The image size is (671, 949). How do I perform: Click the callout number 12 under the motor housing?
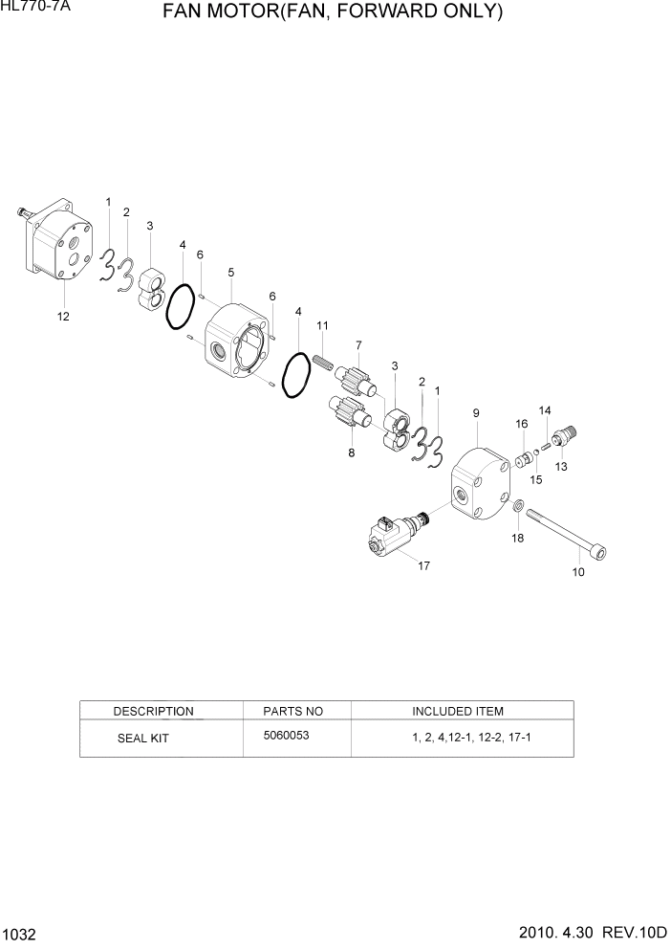click(x=63, y=316)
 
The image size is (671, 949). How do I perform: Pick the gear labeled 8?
click(x=348, y=417)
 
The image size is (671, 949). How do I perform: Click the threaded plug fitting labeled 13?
click(x=559, y=438)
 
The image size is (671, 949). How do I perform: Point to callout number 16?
click(x=522, y=424)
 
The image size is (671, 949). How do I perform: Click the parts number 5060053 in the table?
click(x=286, y=736)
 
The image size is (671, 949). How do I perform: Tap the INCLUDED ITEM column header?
click(x=457, y=711)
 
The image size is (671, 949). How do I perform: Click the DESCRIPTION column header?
click(x=153, y=711)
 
